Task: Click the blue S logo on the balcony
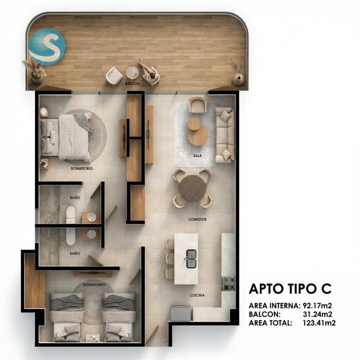(x=47, y=47)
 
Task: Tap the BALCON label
(x=132, y=84)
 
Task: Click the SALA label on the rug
(x=198, y=156)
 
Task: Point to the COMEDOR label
(x=198, y=220)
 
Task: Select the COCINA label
(x=198, y=295)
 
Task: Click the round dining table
(x=193, y=189)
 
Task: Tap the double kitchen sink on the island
(x=191, y=259)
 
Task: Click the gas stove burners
(x=229, y=284)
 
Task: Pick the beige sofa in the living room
(x=225, y=135)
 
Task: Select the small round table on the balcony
(x=132, y=72)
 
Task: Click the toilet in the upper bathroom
(x=71, y=215)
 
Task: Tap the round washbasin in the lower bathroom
(x=92, y=234)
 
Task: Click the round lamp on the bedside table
(x=43, y=112)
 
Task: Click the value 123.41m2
(x=319, y=323)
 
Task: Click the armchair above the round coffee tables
(x=197, y=104)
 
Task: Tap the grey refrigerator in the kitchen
(x=181, y=313)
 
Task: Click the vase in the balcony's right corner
(x=238, y=79)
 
